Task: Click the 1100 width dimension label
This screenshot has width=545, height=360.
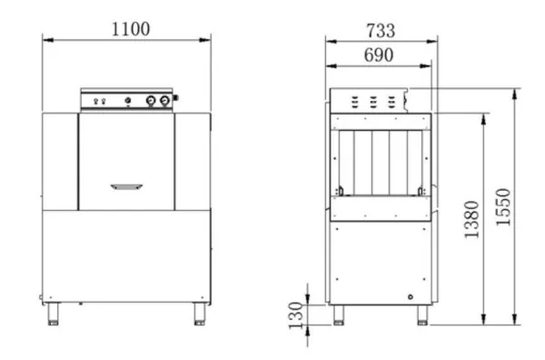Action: [130, 28]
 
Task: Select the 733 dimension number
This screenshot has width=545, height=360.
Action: [381, 28]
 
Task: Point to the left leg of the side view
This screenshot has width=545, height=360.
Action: [339, 315]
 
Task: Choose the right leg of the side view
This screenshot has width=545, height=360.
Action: [422, 315]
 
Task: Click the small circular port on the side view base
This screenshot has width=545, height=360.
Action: [411, 296]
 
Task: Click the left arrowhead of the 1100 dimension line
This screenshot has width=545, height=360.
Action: [45, 39]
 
